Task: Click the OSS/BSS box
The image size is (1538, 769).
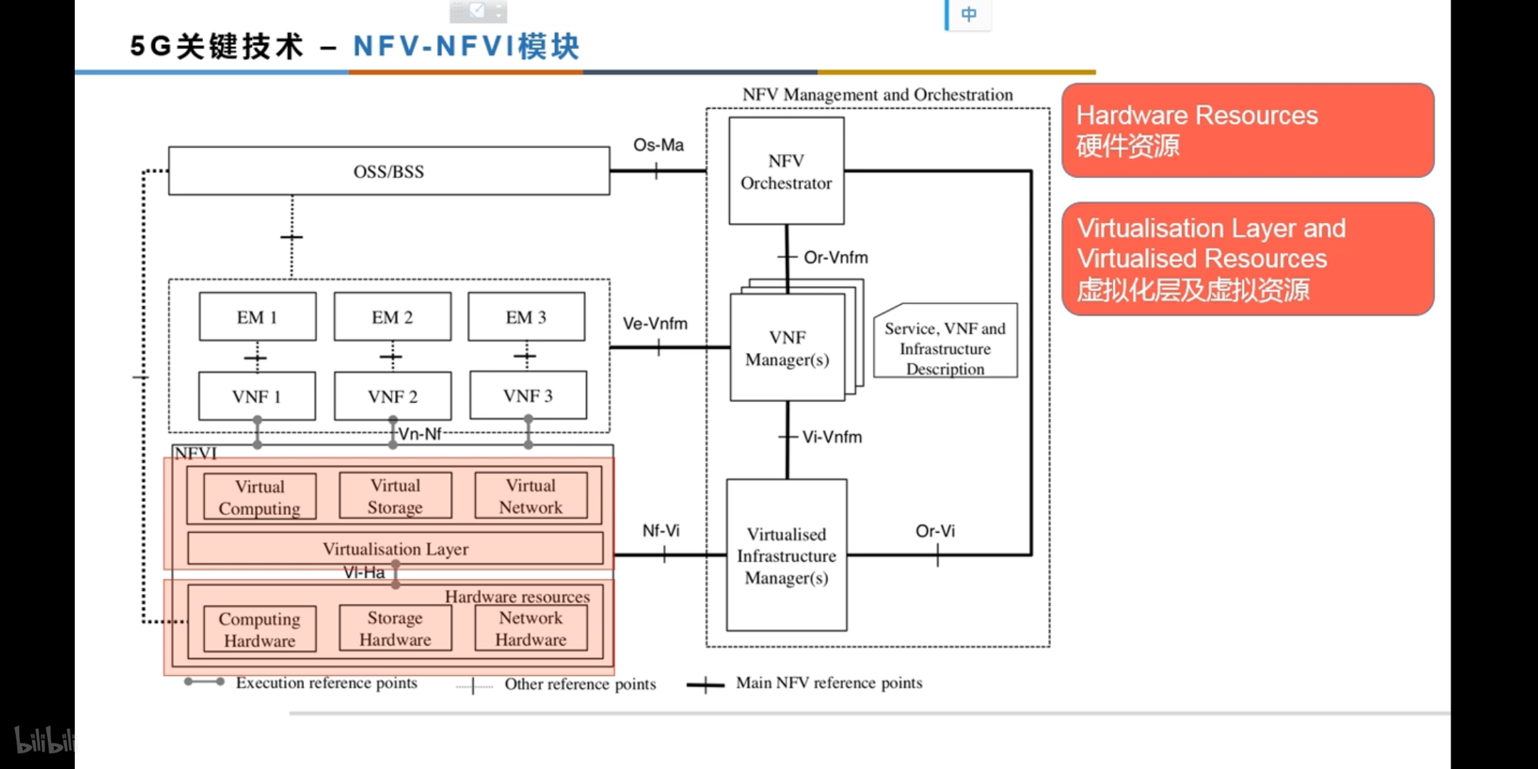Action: point(389,172)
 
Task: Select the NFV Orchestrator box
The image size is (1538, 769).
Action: point(786,172)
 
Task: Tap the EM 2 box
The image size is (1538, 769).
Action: point(392,317)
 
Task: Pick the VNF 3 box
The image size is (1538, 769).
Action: point(528,396)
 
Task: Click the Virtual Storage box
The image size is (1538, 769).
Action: point(395,496)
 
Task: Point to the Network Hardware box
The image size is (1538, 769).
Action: point(531,629)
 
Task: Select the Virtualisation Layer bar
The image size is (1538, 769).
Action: point(395,549)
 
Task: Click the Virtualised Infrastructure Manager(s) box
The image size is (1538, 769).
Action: point(786,555)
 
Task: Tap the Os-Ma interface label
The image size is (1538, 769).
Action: point(659,145)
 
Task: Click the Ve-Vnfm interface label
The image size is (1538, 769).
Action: point(655,324)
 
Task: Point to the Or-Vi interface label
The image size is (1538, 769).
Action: point(935,531)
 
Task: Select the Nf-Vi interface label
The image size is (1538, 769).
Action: point(661,531)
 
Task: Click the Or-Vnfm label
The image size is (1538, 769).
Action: point(836,258)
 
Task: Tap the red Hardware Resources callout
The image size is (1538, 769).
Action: point(1247,130)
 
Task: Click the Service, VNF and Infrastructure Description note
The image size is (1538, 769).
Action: point(945,348)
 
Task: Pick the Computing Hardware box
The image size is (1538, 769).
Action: point(259,629)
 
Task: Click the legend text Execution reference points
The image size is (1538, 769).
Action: point(326,683)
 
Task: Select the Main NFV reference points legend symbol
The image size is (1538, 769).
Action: point(705,685)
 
